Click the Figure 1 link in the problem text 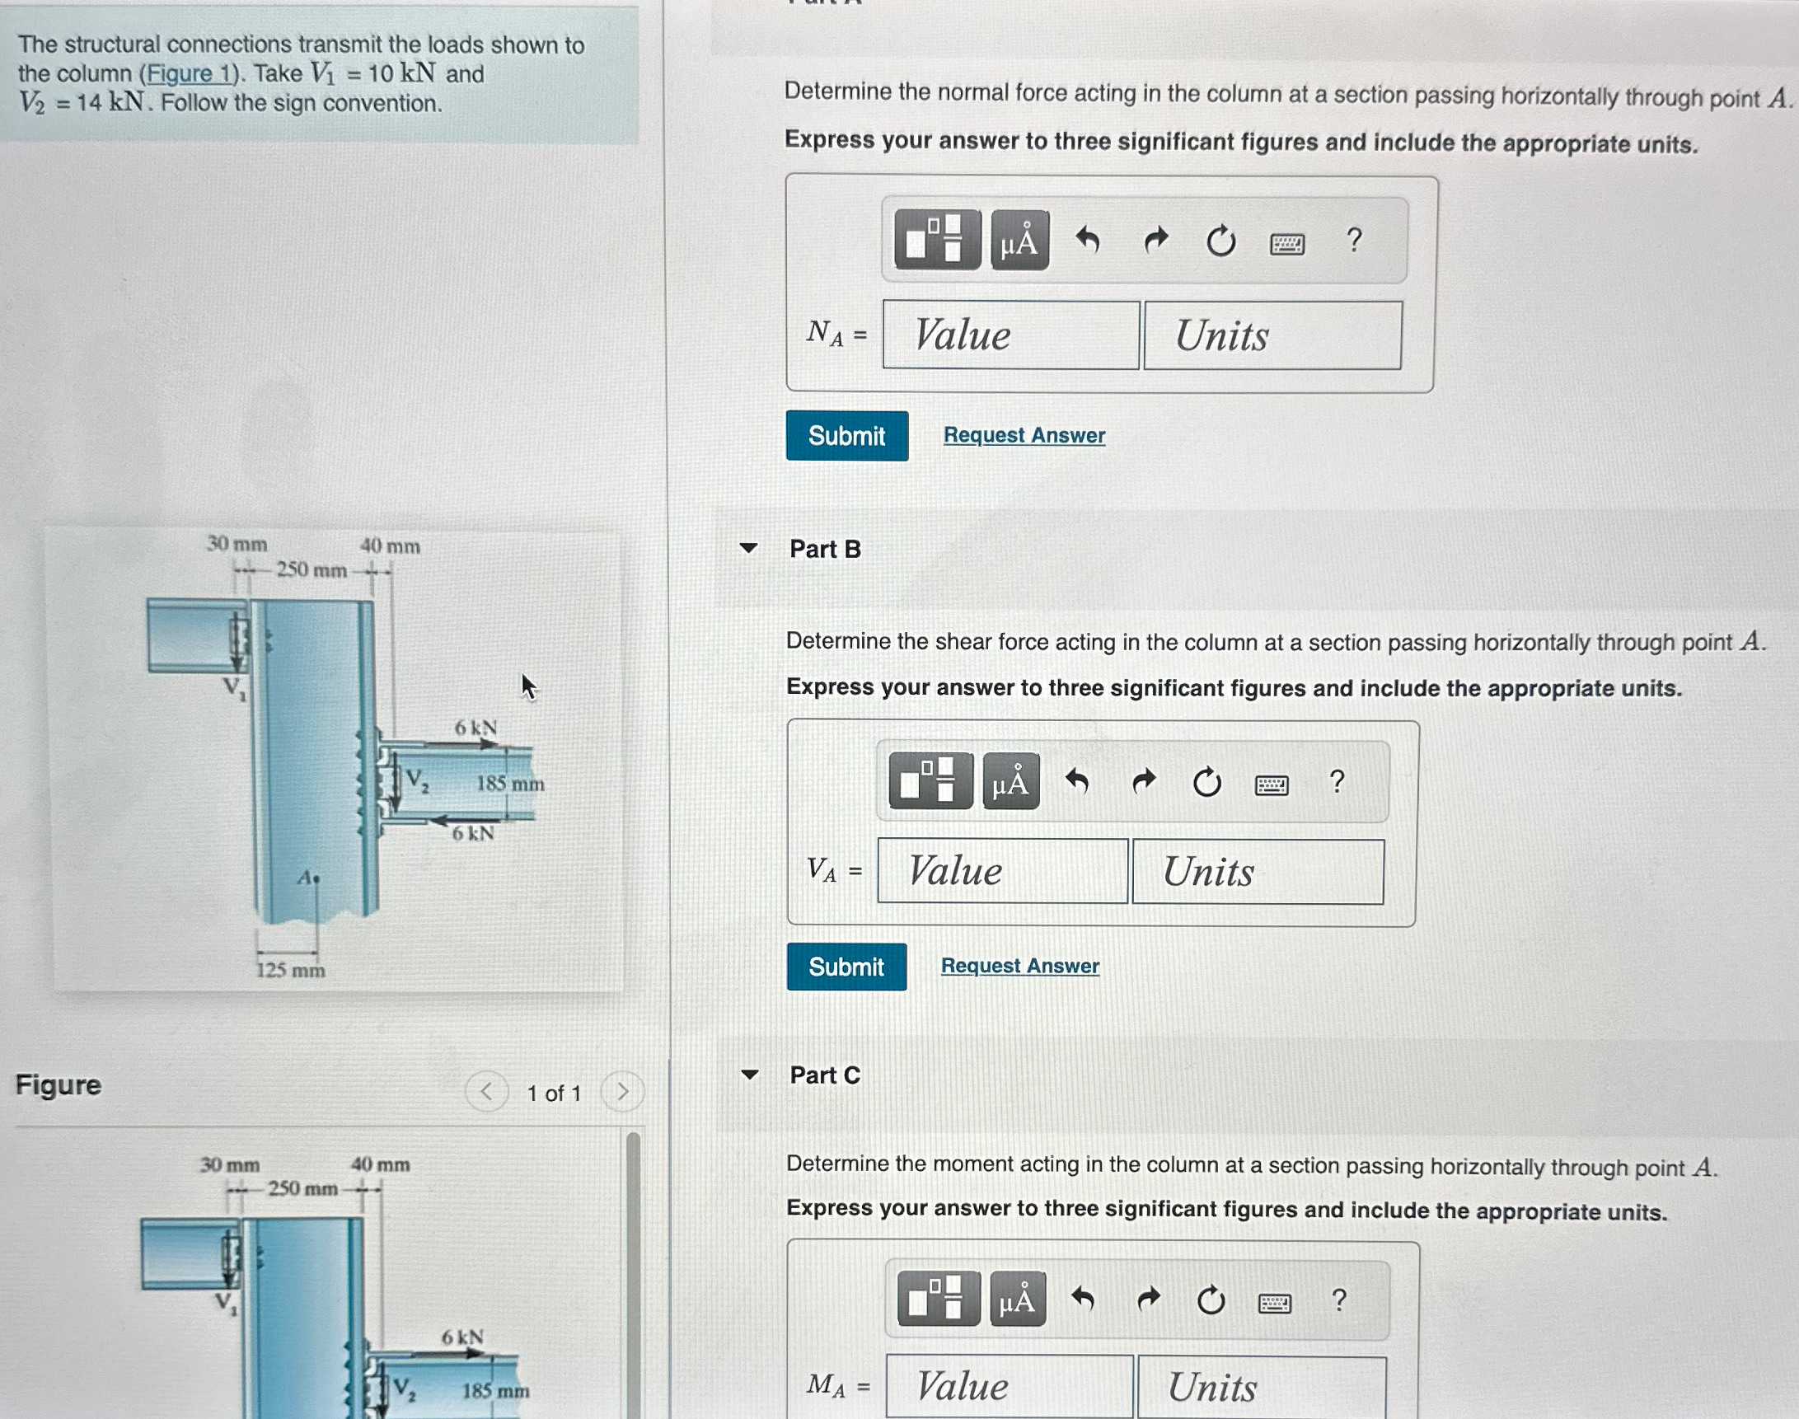pyautogui.click(x=190, y=74)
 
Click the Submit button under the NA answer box pyautogui.click(x=846, y=435)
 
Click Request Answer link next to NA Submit pyautogui.click(x=1024, y=435)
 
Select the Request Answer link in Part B pyautogui.click(x=1019, y=966)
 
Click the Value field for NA pyautogui.click(x=1010, y=335)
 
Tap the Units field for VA pyautogui.click(x=1258, y=872)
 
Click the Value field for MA pyautogui.click(x=1009, y=1386)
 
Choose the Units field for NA pyautogui.click(x=1272, y=335)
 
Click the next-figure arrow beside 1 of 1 pyautogui.click(x=621, y=1092)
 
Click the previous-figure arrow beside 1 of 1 pyautogui.click(x=487, y=1092)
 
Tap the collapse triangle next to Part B pyautogui.click(x=748, y=548)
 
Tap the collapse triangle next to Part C pyautogui.click(x=749, y=1075)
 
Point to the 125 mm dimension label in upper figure pyautogui.click(x=290, y=970)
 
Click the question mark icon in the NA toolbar pyautogui.click(x=1354, y=241)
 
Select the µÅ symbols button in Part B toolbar pyautogui.click(x=1010, y=782)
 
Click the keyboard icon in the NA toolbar pyautogui.click(x=1286, y=243)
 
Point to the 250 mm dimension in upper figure pyautogui.click(x=311, y=570)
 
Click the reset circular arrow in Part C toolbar pyautogui.click(x=1211, y=1300)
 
